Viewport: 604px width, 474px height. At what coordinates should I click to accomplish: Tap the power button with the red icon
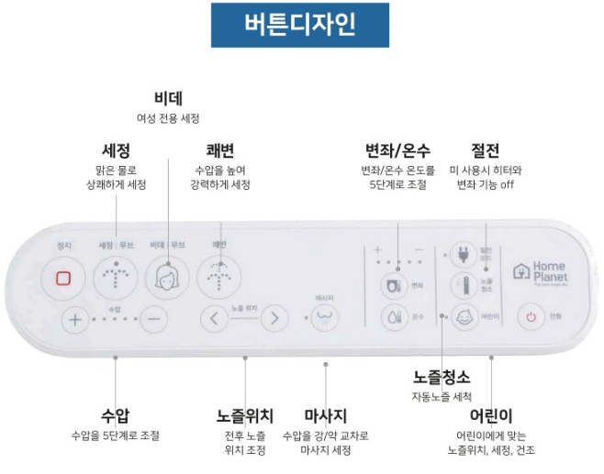point(530,317)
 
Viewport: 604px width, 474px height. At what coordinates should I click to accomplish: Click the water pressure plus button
point(74,320)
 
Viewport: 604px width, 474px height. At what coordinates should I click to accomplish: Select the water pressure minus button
point(154,320)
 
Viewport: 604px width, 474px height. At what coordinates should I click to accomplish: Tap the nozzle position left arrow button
point(214,320)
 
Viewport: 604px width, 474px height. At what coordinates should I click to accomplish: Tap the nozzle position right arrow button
point(273,320)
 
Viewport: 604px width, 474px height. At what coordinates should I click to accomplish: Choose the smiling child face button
point(464,316)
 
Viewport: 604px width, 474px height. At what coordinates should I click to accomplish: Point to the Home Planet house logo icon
point(521,271)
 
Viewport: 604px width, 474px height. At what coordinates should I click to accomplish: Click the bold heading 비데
point(167,98)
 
